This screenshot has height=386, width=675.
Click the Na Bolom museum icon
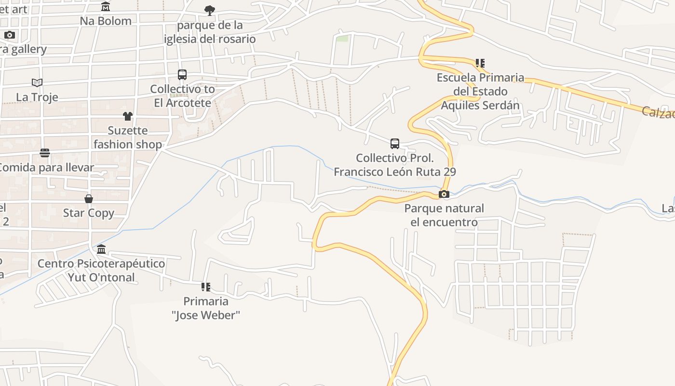coord(106,7)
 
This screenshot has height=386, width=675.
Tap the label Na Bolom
coord(106,21)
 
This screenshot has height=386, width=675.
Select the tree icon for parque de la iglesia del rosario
coord(209,10)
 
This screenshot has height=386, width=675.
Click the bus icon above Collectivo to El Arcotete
coord(182,75)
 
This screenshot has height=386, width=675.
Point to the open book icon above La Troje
coord(37,83)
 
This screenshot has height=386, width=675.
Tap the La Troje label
coord(37,97)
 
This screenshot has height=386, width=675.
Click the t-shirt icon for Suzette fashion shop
coord(127,116)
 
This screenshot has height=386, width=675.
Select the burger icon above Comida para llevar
coord(45,153)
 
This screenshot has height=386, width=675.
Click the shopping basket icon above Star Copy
coord(89,199)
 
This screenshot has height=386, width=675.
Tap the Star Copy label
coord(89,213)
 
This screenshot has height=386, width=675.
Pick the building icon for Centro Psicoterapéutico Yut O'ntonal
coord(101,249)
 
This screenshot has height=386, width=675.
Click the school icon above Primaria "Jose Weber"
coord(206,287)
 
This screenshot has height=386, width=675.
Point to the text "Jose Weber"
coord(206,316)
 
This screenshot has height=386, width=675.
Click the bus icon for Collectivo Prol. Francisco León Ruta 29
coord(395,144)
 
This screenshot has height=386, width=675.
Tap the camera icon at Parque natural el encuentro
coord(444,194)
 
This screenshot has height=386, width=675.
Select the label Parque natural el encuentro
coord(444,215)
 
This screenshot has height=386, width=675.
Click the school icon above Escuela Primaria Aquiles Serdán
coord(480,63)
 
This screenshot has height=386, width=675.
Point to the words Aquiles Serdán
coord(480,105)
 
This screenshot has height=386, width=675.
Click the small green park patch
coord(342,38)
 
